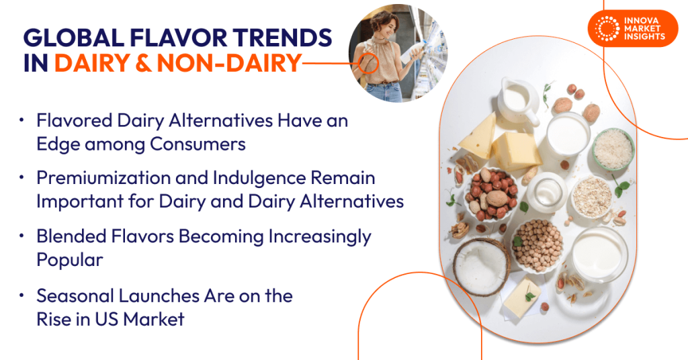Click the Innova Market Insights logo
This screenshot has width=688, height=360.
[x=632, y=29]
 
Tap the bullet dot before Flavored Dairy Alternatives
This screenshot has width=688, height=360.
[x=22, y=121]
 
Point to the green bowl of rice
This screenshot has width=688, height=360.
[x=612, y=149]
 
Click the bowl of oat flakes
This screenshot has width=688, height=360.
[x=591, y=195]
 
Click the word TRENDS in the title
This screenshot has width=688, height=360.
[x=283, y=37]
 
